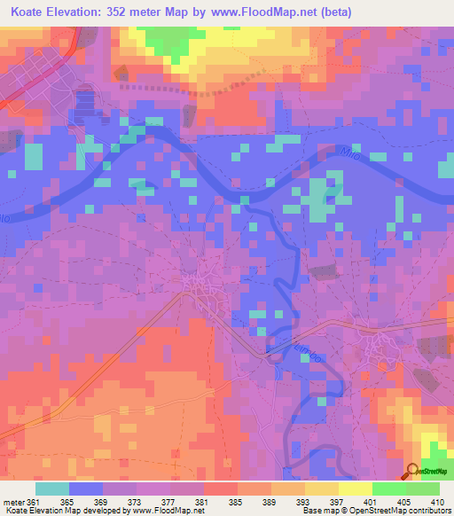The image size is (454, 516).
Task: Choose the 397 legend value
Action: coord(336,502)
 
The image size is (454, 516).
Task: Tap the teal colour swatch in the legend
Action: coord(52,489)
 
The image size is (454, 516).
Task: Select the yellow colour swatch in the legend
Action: coord(355,489)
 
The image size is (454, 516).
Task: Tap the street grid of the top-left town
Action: coord(35,71)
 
